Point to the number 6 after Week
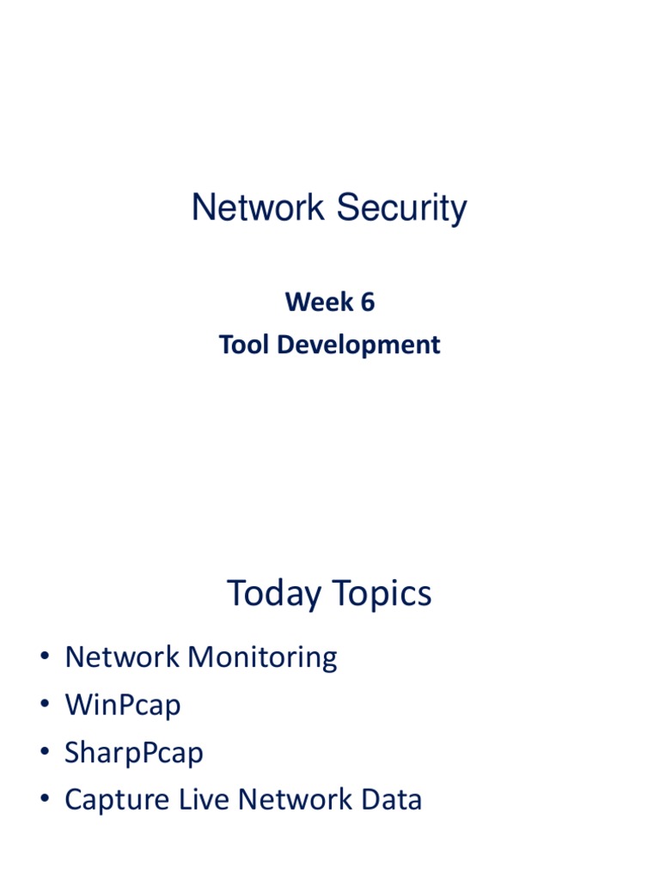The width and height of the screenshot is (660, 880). [368, 302]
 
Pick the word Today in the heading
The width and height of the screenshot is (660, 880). [272, 594]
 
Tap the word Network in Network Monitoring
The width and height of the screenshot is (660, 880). [123, 657]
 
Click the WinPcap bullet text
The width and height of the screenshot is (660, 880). [123, 706]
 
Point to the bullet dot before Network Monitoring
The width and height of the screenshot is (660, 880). [45, 658]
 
